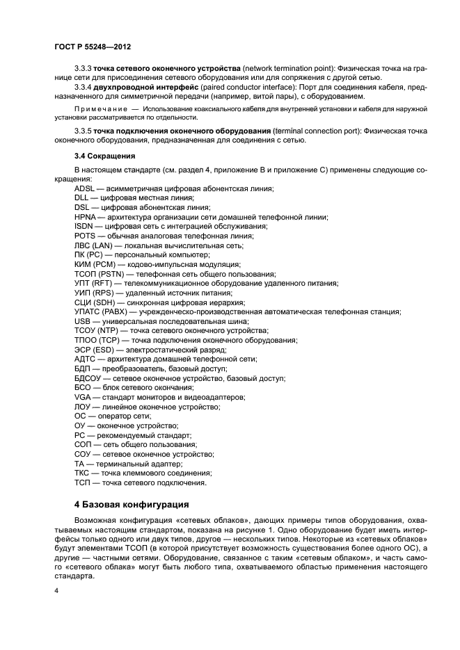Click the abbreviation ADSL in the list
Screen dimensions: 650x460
(85, 189)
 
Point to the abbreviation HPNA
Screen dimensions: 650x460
(86, 217)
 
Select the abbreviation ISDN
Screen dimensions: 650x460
(84, 227)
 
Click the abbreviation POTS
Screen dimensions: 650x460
(85, 236)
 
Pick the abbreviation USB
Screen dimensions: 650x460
(83, 321)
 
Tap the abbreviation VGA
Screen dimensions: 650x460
(83, 397)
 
